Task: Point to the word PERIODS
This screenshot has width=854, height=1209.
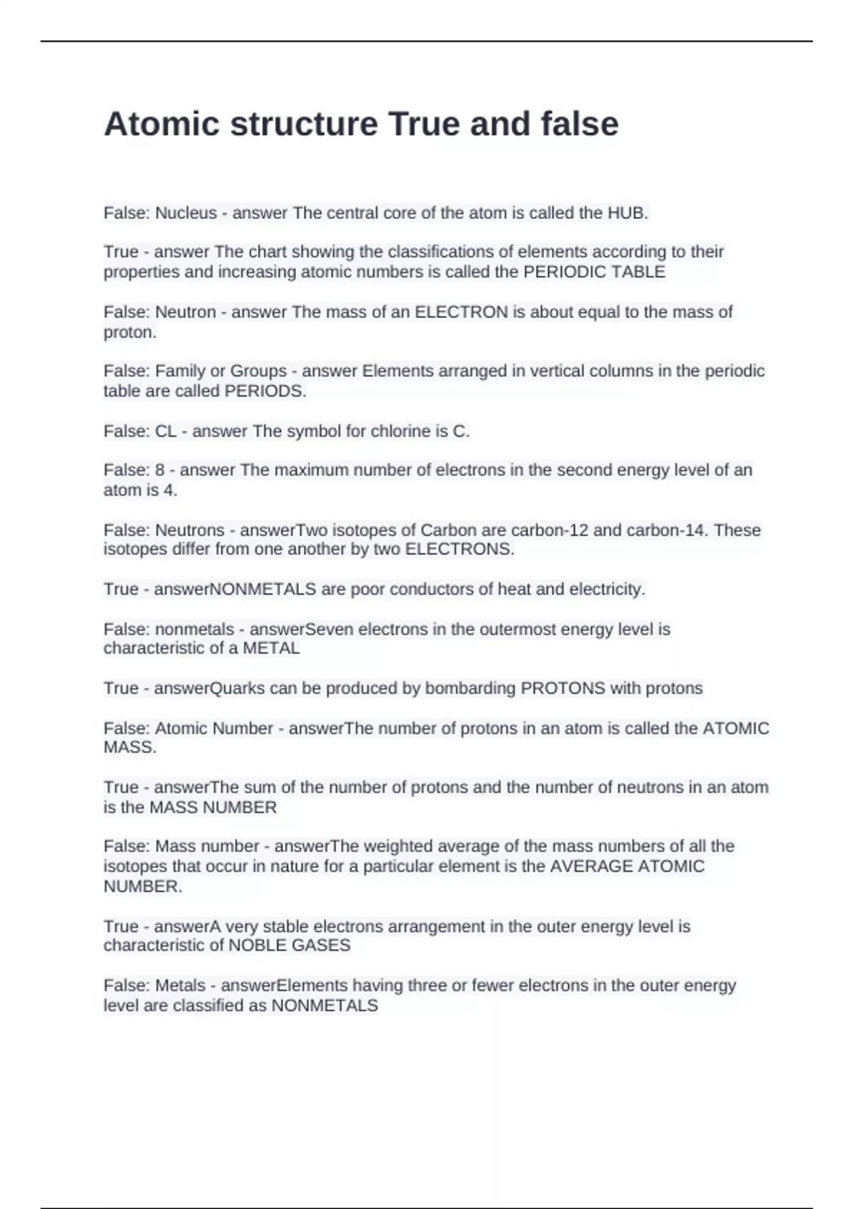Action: (x=265, y=391)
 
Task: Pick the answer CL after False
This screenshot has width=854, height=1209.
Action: (x=166, y=431)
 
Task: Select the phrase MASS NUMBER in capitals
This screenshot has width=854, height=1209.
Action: (x=213, y=807)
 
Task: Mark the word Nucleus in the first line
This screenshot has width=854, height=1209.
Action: (x=186, y=213)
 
